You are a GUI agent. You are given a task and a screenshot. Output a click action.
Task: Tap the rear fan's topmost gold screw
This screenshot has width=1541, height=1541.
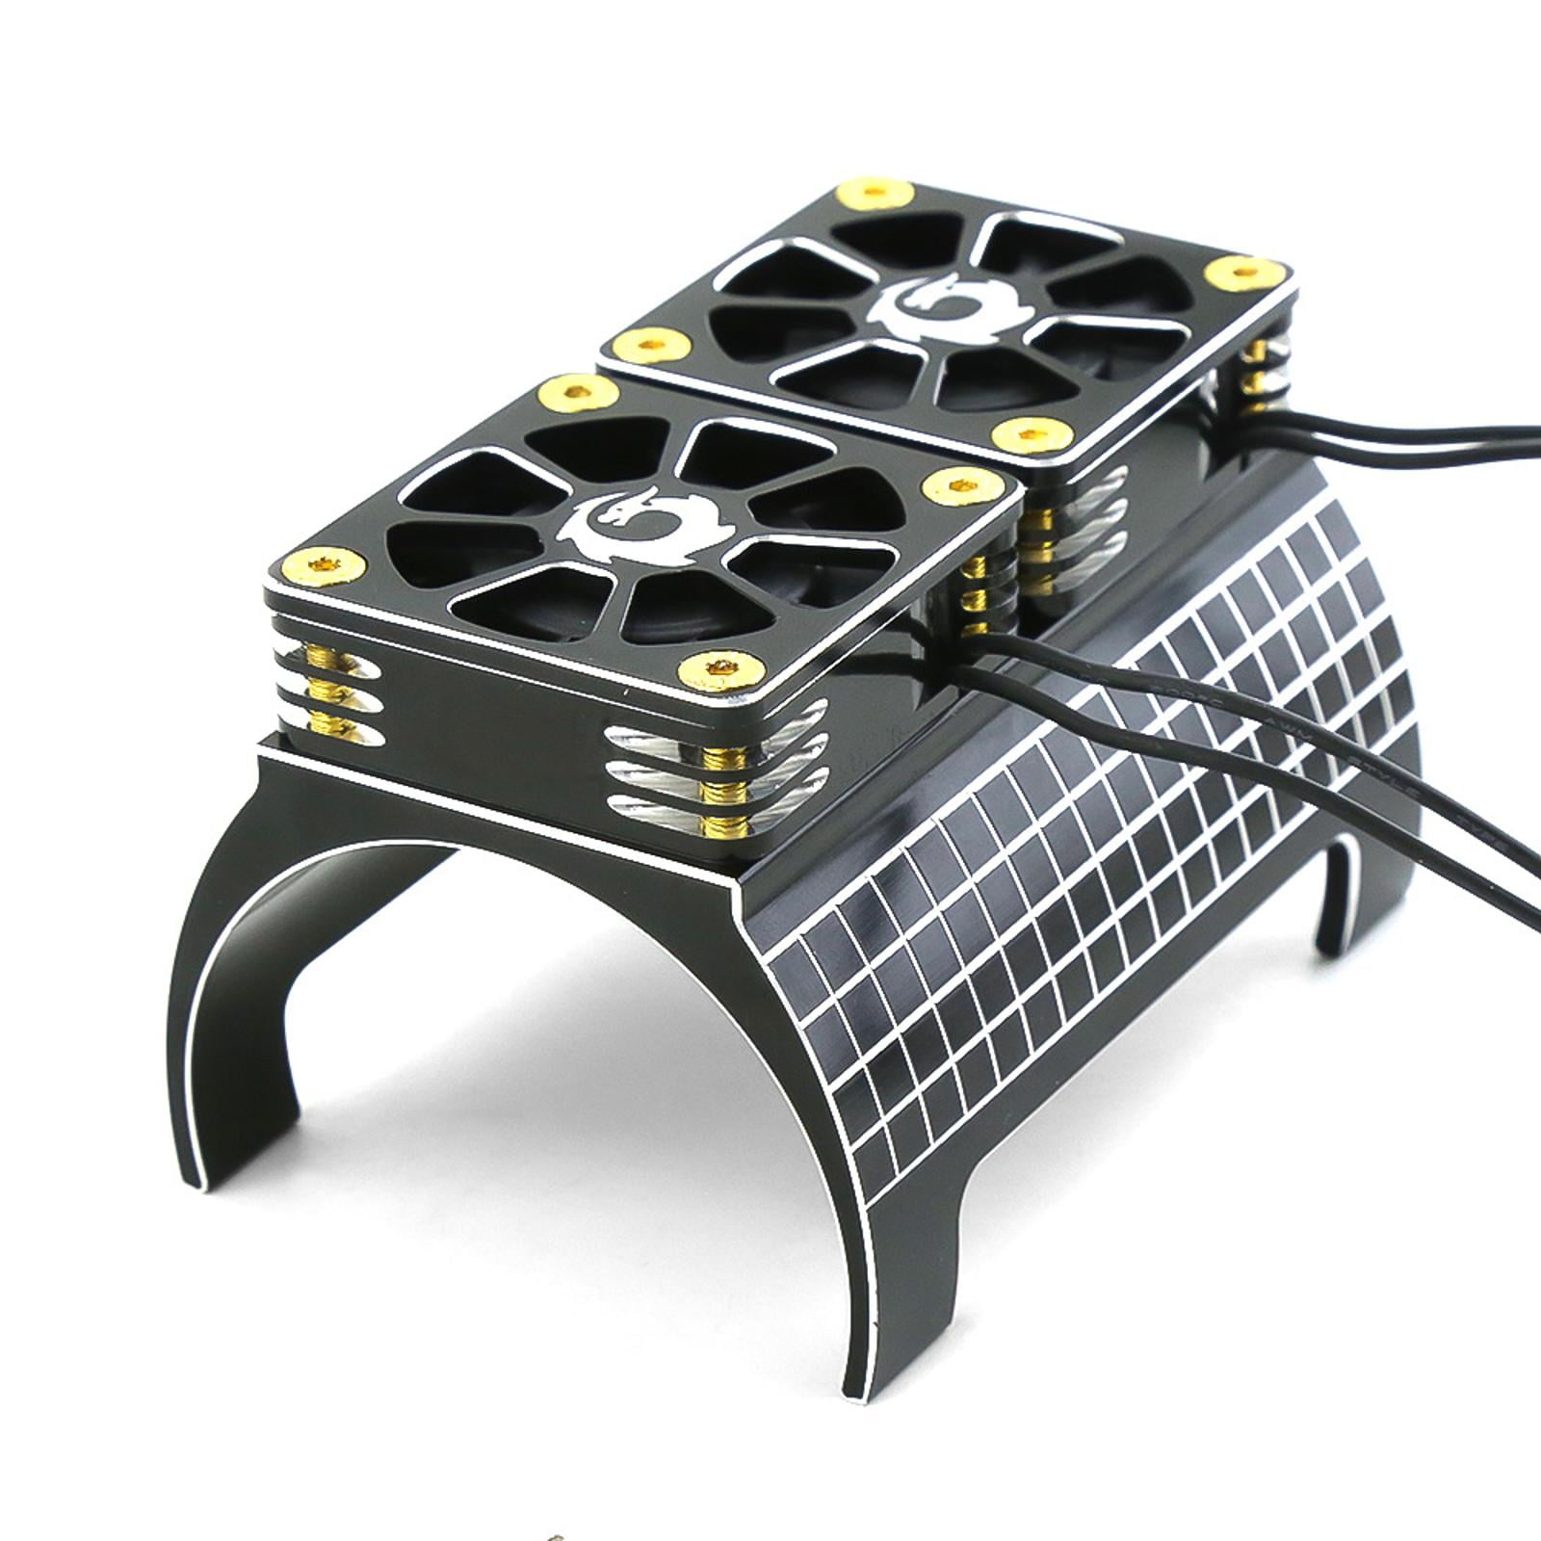pos(875,192)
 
